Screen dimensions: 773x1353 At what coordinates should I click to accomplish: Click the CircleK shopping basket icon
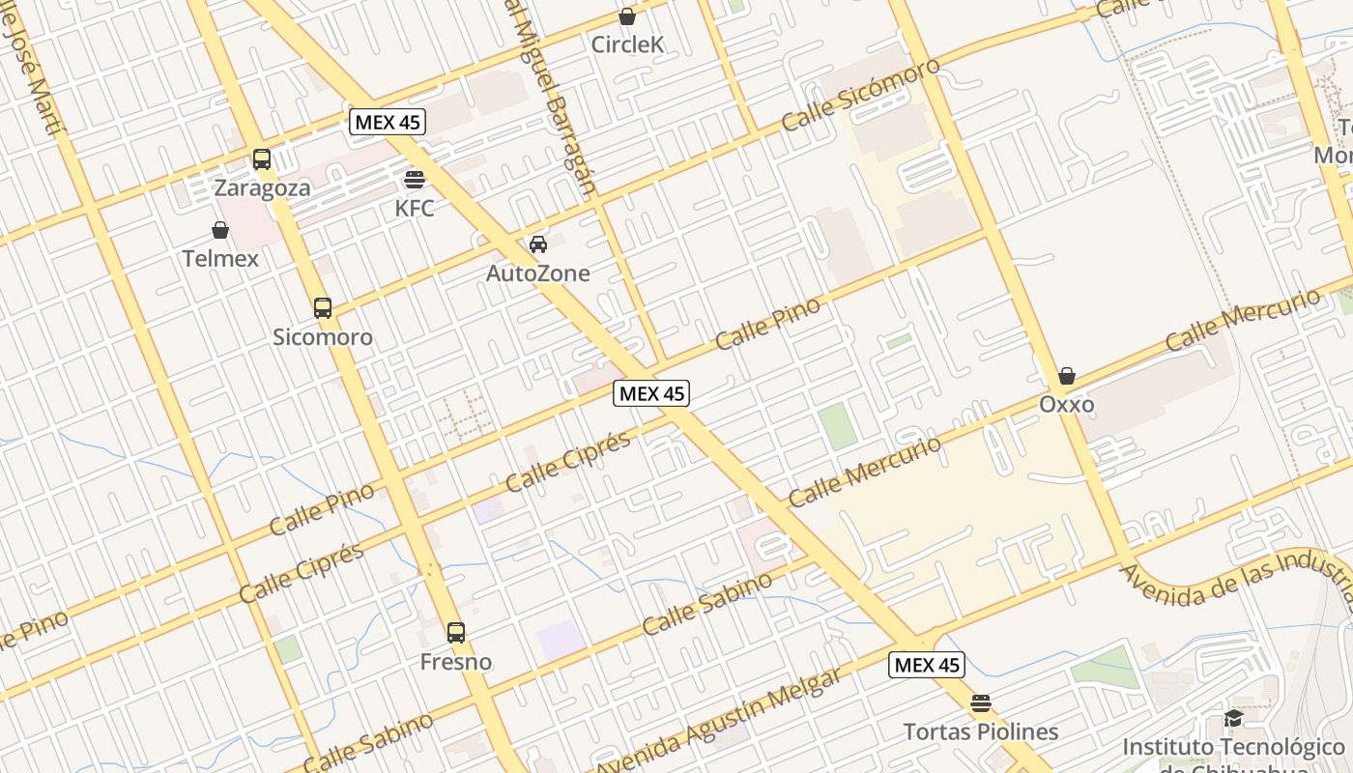pos(627,16)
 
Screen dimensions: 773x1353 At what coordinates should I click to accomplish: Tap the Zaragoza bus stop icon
pos(262,159)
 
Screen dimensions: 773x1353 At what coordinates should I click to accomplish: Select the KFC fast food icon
pos(415,180)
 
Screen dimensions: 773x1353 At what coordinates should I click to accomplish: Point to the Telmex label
pos(220,258)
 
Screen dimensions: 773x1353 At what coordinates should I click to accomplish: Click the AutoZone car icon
pos(538,244)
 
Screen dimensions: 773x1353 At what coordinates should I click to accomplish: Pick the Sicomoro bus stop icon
pos(323,308)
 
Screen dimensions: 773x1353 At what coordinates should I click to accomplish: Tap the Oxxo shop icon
pos(1067,375)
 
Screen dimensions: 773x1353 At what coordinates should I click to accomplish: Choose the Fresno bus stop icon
pos(456,633)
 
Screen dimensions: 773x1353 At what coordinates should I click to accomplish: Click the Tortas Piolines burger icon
pos(981,702)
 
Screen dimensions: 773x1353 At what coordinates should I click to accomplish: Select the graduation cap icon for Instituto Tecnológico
pos(1233,718)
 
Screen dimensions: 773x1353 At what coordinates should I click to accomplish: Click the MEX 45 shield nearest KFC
pos(388,122)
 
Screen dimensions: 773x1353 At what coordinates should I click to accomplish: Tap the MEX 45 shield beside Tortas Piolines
pos(927,665)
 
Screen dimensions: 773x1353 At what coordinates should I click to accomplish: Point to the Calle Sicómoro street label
pos(860,94)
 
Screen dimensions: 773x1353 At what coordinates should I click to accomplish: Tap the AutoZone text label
pos(537,273)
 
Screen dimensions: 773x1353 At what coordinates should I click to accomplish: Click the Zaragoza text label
pos(263,187)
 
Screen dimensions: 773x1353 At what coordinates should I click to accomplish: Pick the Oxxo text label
pos(1067,404)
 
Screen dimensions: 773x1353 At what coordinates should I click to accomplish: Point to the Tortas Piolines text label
pos(981,731)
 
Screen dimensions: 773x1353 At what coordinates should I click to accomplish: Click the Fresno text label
pos(456,662)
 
